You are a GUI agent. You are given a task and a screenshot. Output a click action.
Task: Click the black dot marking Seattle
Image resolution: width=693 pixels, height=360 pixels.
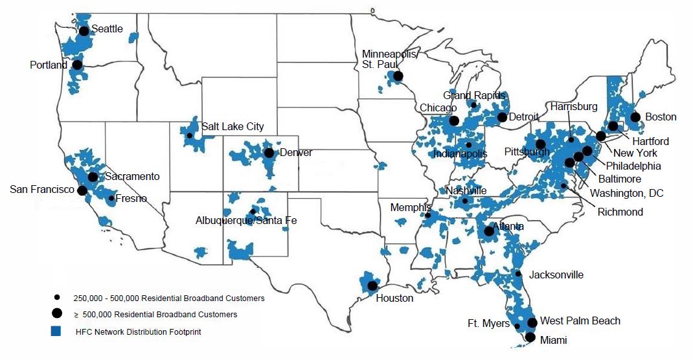pyautogui.click(x=84, y=30)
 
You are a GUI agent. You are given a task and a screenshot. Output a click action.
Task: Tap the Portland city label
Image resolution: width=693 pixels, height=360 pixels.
pyautogui.click(x=49, y=65)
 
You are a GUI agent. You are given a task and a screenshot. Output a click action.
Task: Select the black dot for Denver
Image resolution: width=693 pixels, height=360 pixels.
pyautogui.click(x=268, y=153)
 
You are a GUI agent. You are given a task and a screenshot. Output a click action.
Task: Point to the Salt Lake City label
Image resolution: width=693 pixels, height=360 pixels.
pyautogui.click(x=233, y=126)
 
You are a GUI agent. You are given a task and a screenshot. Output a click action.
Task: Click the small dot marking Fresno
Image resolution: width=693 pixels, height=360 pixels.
pyautogui.click(x=111, y=198)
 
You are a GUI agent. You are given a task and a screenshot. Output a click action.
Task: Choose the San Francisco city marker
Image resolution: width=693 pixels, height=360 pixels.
pyautogui.click(x=82, y=190)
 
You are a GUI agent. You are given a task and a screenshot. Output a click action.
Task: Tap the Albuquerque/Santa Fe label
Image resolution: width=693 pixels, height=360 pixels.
pyautogui.click(x=246, y=221)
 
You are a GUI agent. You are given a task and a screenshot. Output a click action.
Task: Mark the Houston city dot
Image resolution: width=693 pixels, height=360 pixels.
pyautogui.click(x=372, y=286)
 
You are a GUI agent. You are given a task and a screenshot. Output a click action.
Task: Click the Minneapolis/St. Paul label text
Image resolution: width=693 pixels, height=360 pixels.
pyautogui.click(x=390, y=59)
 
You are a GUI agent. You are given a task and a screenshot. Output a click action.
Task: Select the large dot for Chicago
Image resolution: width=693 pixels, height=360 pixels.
pyautogui.click(x=454, y=120)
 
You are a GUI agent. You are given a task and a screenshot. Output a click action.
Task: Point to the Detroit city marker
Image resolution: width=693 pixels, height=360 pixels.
pyautogui.click(x=501, y=117)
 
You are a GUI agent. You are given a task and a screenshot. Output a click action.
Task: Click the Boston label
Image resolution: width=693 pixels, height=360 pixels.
pyautogui.click(x=661, y=117)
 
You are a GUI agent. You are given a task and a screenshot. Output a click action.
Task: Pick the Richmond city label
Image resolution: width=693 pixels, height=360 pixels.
pyautogui.click(x=620, y=212)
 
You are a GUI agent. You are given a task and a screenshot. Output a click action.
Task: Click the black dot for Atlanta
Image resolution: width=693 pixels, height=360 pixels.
pyautogui.click(x=489, y=231)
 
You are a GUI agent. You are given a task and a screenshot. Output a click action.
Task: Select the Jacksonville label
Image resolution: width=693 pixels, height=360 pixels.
pyautogui.click(x=556, y=275)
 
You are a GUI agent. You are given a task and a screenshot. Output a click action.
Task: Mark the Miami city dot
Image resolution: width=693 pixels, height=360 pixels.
pyautogui.click(x=530, y=337)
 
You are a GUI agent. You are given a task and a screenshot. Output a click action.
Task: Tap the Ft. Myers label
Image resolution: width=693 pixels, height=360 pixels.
pyautogui.click(x=488, y=324)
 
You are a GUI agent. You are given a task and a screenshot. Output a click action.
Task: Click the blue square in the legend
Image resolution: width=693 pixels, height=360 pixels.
pyautogui.click(x=56, y=332)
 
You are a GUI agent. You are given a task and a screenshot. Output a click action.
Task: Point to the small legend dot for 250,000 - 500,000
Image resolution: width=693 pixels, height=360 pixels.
pyautogui.click(x=57, y=298)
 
